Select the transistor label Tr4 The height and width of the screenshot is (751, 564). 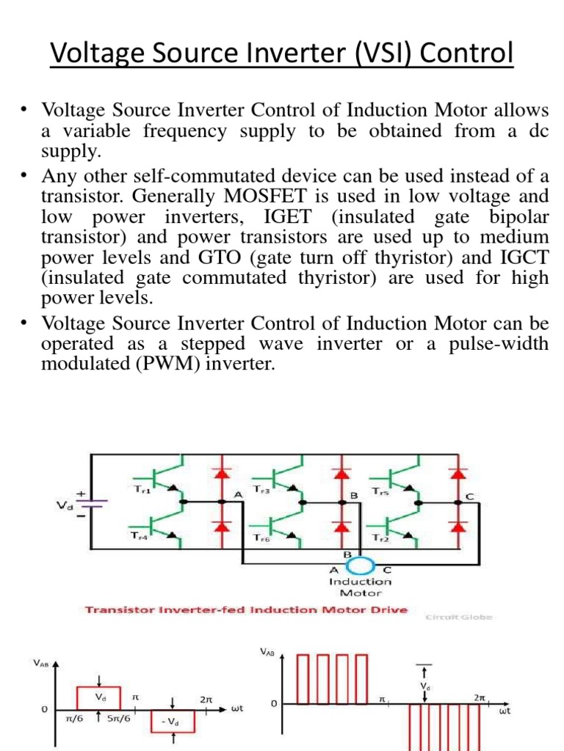(x=139, y=535)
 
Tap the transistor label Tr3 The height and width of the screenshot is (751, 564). (x=261, y=489)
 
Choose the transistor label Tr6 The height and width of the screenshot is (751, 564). (x=261, y=536)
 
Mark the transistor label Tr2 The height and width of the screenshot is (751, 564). (x=380, y=536)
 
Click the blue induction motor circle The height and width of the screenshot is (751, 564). (x=360, y=566)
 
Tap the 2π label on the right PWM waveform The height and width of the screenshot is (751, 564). (x=480, y=699)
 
